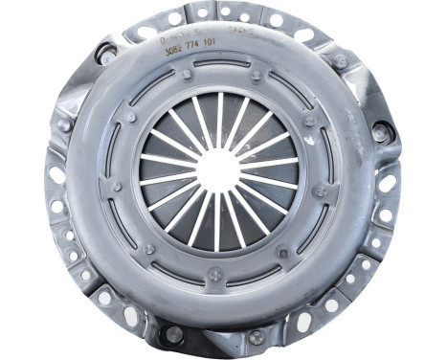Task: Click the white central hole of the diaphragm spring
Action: click(219, 169)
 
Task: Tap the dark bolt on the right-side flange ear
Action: click(382, 133)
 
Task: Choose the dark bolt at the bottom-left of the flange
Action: click(173, 334)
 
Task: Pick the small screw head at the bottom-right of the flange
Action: click(257, 336)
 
